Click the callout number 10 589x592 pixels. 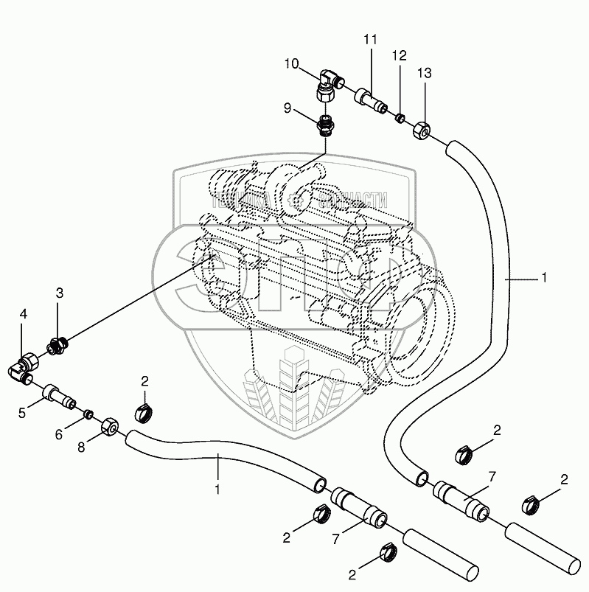tap(293, 64)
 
